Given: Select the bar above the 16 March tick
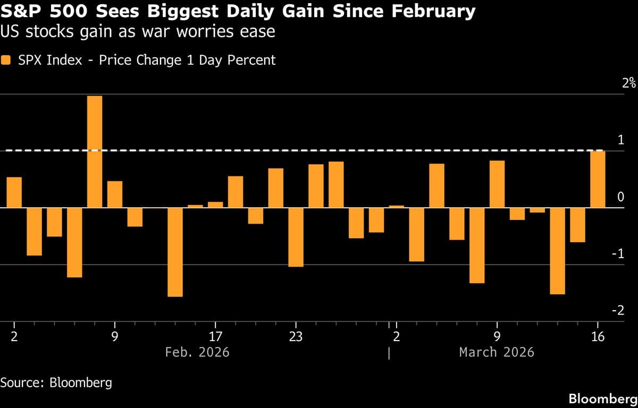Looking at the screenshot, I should tap(598, 179).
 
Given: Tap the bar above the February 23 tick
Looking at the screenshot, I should tap(296, 237).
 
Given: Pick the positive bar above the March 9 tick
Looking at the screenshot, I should tap(497, 184).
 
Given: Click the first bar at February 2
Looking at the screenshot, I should tap(14, 192).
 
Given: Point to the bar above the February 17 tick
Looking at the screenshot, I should tap(215, 205).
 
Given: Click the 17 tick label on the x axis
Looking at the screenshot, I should tap(215, 336).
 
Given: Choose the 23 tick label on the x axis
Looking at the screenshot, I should tap(296, 336).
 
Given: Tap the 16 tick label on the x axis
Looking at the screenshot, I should tap(598, 336).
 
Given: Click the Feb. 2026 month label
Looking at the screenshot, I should tap(197, 352).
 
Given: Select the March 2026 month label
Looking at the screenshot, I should tap(497, 352).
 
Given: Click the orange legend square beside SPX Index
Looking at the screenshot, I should tap(6, 61).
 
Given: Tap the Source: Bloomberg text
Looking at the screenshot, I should tap(56, 382).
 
